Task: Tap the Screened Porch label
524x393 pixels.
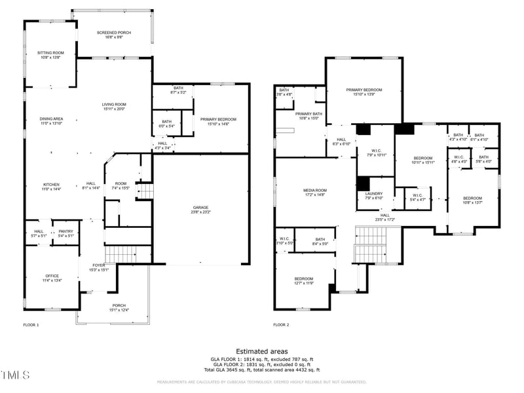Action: tap(114, 33)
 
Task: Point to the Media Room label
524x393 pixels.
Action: tap(315, 190)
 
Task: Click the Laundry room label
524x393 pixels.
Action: tap(374, 193)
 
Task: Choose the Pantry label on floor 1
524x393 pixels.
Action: tap(65, 231)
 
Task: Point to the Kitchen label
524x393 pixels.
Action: tap(52, 184)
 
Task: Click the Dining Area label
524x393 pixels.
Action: tap(51, 119)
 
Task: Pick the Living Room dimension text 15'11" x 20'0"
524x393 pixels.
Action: tap(113, 109)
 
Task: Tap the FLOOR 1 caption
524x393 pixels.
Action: tap(31, 325)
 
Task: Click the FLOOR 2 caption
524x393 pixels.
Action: tap(280, 325)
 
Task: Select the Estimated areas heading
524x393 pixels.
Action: tap(261, 351)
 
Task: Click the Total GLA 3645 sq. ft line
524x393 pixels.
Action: tap(261, 370)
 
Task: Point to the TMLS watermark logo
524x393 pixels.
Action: tap(16, 375)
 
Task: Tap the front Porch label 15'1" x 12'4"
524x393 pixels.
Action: tap(119, 307)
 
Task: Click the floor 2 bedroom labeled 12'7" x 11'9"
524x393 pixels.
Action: tap(303, 280)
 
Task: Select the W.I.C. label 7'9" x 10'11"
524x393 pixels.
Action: tap(374, 152)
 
